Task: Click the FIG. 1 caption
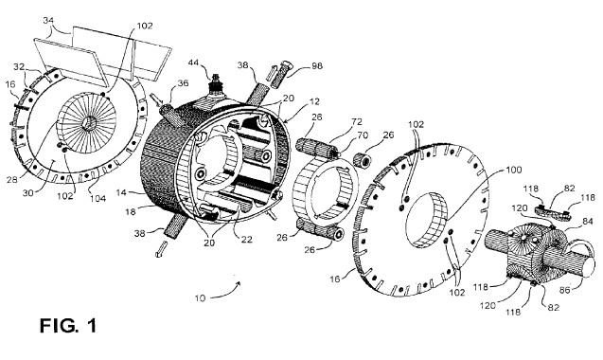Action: (68, 326)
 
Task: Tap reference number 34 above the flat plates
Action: (49, 21)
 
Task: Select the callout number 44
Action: (195, 63)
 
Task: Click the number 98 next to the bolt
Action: (317, 65)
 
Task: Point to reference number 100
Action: (514, 170)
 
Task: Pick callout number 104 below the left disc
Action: (98, 199)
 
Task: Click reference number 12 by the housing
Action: (314, 101)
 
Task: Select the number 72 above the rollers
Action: (357, 121)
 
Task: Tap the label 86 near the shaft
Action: (564, 290)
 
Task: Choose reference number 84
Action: (576, 222)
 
